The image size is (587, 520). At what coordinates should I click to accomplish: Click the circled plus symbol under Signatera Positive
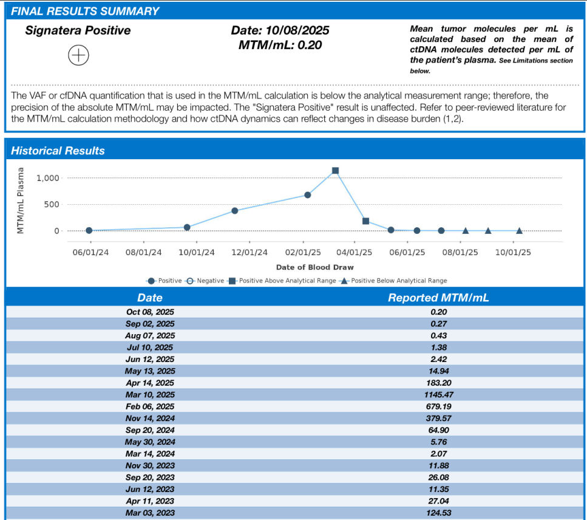pos(79,55)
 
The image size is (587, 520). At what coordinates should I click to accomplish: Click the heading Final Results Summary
pos(85,11)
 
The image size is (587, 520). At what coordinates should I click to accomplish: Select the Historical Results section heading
pos(58,151)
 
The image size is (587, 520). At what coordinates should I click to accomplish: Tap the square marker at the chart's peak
pos(335,171)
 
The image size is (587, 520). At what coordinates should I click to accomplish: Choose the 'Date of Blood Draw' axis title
pos(314,267)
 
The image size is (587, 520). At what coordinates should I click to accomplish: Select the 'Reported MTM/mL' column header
pos(438,298)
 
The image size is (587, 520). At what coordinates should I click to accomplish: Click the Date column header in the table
pos(150,298)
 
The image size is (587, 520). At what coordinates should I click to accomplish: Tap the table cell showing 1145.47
pos(438,394)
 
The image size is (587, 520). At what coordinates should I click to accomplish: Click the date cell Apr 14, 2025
pos(150,383)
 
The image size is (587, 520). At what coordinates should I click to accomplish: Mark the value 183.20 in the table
pos(438,383)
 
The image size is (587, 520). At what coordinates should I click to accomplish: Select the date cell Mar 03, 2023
pos(150,513)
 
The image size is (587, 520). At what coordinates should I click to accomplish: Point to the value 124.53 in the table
pos(438,513)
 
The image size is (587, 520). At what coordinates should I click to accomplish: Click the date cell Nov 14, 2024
pos(150,418)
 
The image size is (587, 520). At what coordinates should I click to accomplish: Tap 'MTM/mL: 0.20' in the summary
pos(280,44)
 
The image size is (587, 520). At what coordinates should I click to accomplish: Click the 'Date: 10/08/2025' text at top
pos(280,30)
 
